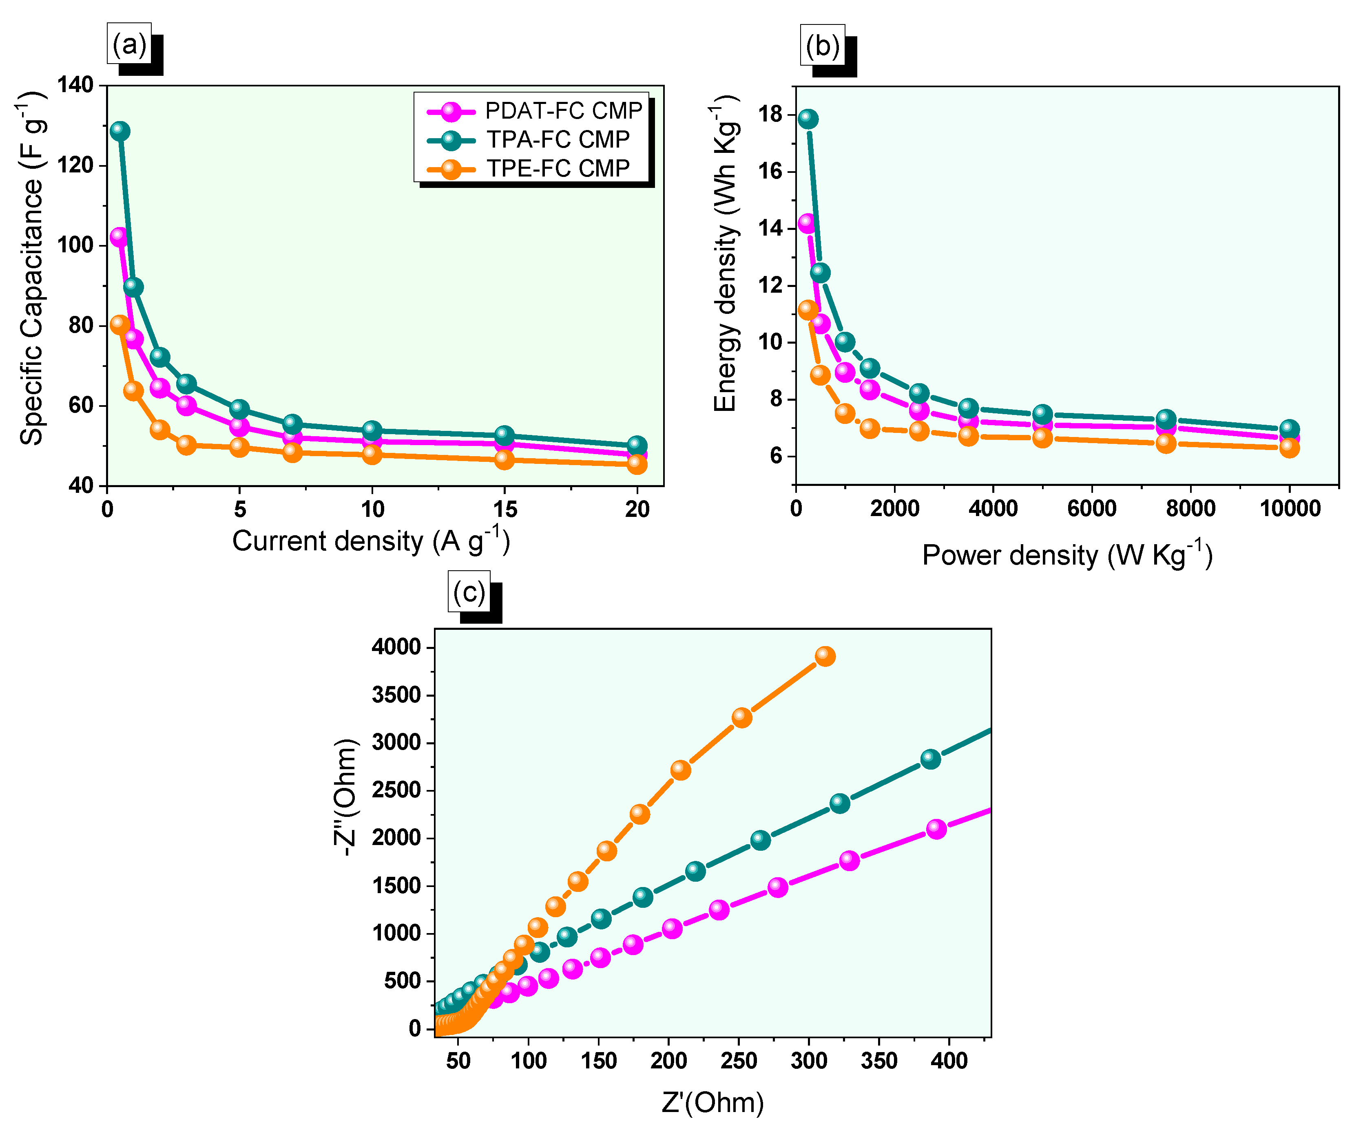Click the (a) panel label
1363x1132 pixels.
(x=129, y=44)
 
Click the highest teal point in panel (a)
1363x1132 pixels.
(x=119, y=130)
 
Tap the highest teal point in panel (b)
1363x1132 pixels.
(x=808, y=119)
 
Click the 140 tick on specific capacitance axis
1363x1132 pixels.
(x=75, y=85)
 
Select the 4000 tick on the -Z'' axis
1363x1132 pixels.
(x=396, y=647)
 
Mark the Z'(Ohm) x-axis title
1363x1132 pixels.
(x=712, y=1103)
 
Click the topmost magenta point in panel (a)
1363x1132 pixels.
(x=119, y=236)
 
